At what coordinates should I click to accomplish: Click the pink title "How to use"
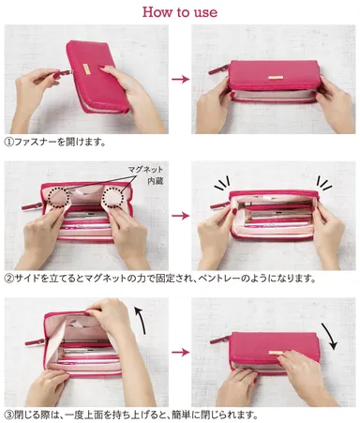(x=179, y=11)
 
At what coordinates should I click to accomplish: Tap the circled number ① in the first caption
(x=10, y=143)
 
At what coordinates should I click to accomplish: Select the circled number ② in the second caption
(x=10, y=279)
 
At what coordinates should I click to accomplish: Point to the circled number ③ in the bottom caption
(x=10, y=414)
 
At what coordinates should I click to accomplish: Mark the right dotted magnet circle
(x=118, y=195)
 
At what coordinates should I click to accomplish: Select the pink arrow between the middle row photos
(x=179, y=215)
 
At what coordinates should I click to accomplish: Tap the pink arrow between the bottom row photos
(x=179, y=353)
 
